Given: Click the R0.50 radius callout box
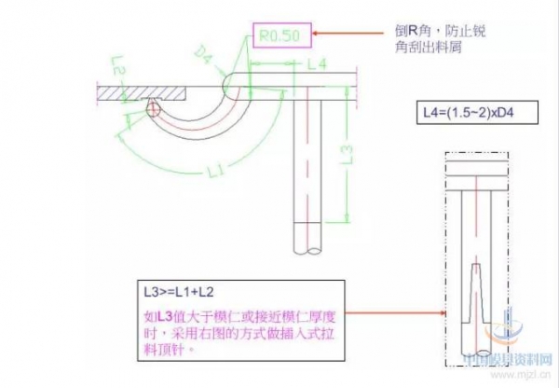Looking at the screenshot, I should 279,37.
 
